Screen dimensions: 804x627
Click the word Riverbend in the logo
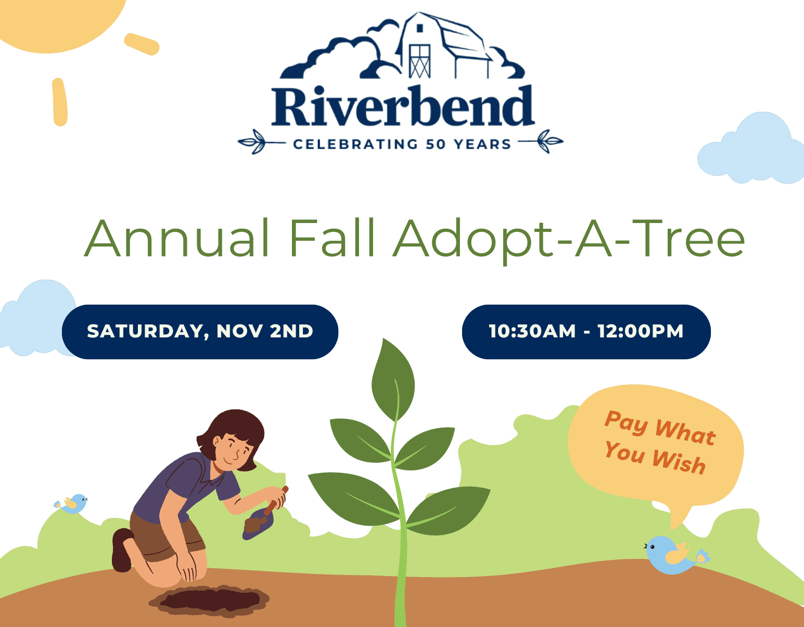tap(403, 106)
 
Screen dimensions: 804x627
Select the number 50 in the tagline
tap(436, 144)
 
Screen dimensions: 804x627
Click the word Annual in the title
tap(176, 238)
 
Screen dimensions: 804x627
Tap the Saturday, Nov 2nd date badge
tap(200, 331)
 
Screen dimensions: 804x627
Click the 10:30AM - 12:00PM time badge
tap(586, 331)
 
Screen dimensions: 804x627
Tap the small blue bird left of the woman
tap(71, 503)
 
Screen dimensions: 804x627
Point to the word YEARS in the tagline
tap(482, 144)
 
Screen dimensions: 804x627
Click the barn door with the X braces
tap(419, 61)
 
